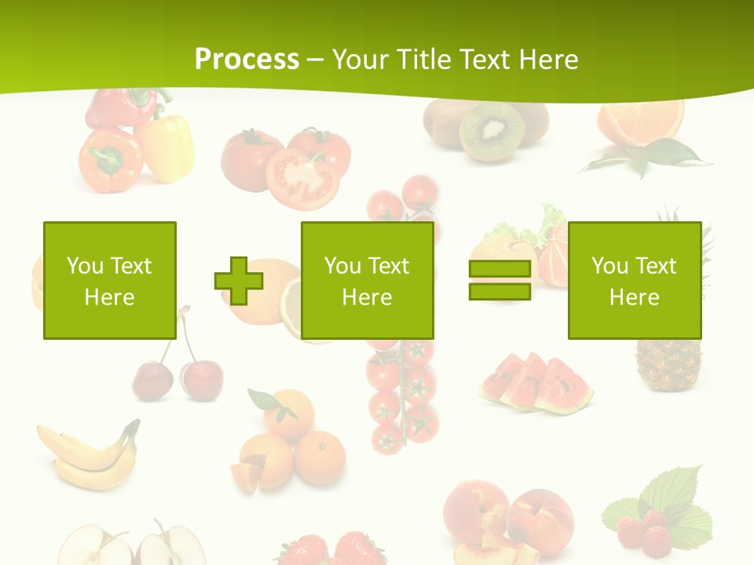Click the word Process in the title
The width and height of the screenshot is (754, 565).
pyautogui.click(x=247, y=59)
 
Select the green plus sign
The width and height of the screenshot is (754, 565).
pyautogui.click(x=239, y=280)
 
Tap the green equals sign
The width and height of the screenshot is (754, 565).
pyautogui.click(x=500, y=280)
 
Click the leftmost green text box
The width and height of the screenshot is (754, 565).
pyautogui.click(x=109, y=280)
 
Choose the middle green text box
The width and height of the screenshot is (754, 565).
pyautogui.click(x=367, y=280)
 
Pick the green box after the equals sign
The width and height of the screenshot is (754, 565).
pyautogui.click(x=634, y=280)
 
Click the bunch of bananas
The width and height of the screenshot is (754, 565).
pyautogui.click(x=86, y=455)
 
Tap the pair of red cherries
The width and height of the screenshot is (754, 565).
pyautogui.click(x=177, y=375)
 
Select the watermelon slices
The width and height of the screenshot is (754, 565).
pyautogui.click(x=536, y=384)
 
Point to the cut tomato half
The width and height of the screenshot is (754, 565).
pyautogui.click(x=302, y=180)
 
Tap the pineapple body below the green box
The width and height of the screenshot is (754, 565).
pyautogui.click(x=668, y=366)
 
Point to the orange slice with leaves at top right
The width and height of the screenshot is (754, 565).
pyautogui.click(x=640, y=126)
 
